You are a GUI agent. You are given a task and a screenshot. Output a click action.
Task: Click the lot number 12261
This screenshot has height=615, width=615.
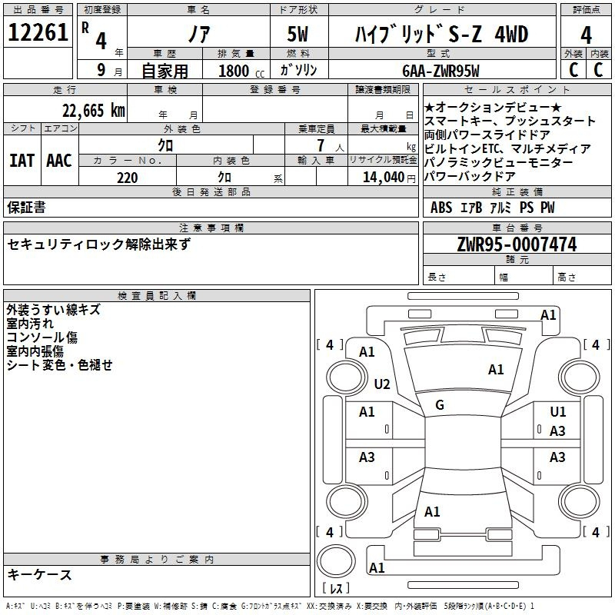click(38, 32)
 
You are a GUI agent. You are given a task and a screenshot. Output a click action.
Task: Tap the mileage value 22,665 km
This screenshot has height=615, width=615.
click(94, 111)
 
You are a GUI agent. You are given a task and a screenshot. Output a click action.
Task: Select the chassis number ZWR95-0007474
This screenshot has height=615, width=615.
click(517, 244)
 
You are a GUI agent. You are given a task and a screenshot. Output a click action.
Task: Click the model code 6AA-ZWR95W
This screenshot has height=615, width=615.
click(440, 71)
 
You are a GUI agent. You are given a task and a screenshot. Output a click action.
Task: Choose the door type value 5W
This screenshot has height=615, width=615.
click(298, 34)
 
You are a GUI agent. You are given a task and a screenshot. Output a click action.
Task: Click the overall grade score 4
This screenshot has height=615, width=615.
click(586, 35)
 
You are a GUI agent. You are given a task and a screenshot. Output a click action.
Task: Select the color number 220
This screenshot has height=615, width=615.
click(128, 178)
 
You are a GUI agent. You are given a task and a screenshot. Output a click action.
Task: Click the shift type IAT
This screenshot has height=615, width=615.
click(22, 161)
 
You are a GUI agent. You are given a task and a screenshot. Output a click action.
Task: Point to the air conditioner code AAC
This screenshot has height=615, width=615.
click(59, 161)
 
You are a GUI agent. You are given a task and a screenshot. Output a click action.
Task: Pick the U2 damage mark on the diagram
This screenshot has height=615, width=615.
click(382, 384)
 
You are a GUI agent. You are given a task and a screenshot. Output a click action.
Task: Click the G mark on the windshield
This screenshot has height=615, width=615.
click(440, 405)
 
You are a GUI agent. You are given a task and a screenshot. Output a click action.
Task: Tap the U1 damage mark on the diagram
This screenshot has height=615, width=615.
click(558, 412)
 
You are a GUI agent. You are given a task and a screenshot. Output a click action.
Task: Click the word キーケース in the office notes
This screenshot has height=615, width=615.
click(40, 575)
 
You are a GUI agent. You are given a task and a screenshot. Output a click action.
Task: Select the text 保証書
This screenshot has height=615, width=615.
click(26, 208)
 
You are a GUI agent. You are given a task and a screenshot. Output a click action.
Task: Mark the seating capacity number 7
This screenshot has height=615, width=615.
click(321, 145)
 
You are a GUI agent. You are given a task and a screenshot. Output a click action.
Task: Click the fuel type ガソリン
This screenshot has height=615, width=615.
click(298, 70)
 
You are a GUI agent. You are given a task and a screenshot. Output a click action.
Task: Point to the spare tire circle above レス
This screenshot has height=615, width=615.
click(336, 560)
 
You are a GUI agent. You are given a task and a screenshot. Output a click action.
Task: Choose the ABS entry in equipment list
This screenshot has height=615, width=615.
click(441, 208)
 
